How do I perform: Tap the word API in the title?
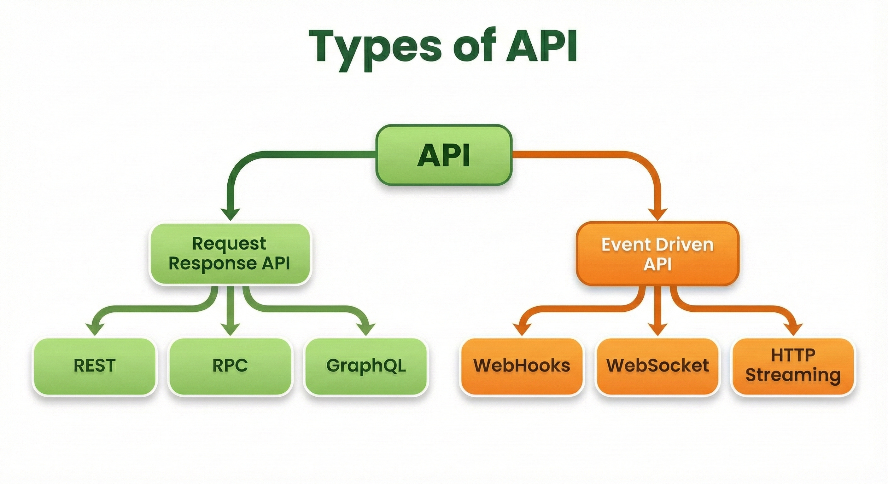(x=541, y=46)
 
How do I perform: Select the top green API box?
(x=444, y=155)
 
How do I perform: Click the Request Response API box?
(x=230, y=254)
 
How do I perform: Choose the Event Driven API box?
(x=658, y=254)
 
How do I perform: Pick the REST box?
(x=95, y=366)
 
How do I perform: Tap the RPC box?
(x=230, y=366)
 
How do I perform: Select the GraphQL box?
(x=366, y=366)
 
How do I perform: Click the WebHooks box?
(x=522, y=366)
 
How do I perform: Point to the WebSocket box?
(x=657, y=366)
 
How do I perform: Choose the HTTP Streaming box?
(x=793, y=366)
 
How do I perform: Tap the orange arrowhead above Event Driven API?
(x=658, y=213)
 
